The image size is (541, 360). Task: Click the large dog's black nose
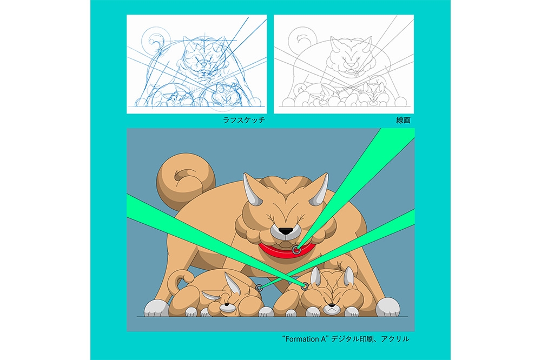(285, 231)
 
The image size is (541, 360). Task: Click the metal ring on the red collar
(296, 250)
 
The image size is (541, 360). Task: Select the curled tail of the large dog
(186, 182)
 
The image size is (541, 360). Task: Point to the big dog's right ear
(320, 189)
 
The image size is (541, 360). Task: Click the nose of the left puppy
(226, 305)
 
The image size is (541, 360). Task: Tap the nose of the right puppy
(332, 305)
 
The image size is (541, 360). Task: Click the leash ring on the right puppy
(304, 285)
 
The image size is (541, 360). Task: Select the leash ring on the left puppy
(259, 288)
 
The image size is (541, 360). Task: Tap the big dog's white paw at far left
(156, 308)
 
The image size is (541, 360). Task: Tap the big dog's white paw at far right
(387, 308)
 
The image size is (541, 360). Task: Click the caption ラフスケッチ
(244, 121)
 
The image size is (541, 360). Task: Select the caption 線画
(403, 121)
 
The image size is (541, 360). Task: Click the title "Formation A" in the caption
(304, 339)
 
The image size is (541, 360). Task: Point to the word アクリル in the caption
(395, 339)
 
